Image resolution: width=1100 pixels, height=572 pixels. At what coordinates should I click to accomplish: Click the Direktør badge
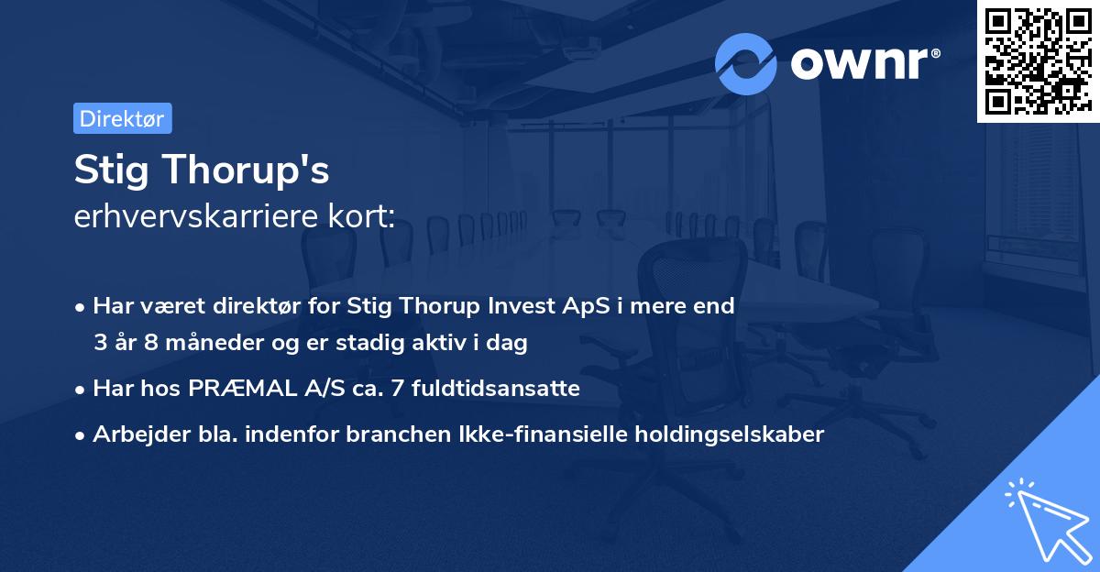(122, 118)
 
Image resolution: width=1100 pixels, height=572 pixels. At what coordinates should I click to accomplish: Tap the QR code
(1038, 60)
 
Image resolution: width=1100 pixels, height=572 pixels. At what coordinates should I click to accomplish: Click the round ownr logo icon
(746, 63)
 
